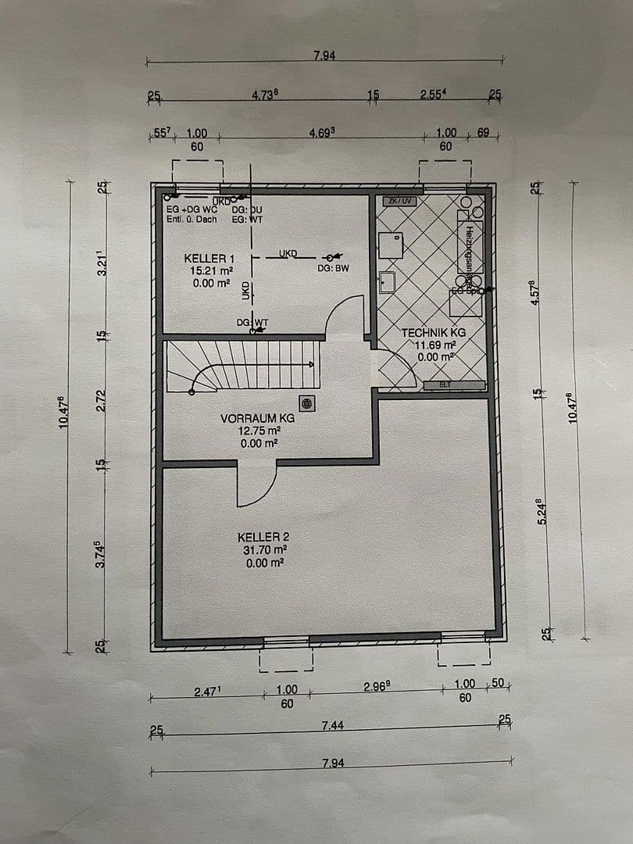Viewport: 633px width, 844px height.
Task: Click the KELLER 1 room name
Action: point(209,258)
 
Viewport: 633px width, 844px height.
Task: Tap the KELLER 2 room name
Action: point(263,537)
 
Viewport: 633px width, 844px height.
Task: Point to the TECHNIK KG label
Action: point(433,333)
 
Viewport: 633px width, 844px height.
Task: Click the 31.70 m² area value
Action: point(263,549)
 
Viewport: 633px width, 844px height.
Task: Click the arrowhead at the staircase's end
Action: point(315,364)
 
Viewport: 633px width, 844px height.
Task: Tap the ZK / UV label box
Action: point(397,201)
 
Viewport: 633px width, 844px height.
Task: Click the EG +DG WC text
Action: point(190,209)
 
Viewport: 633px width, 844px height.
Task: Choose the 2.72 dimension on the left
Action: point(100,400)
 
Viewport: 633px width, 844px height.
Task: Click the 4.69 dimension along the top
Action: point(321,134)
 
